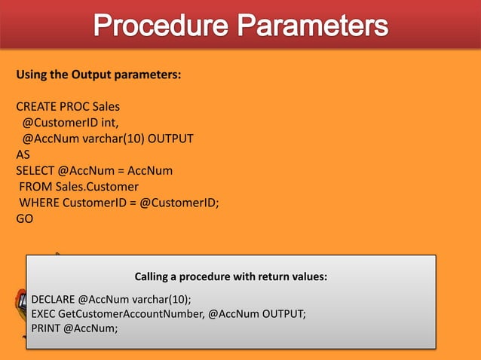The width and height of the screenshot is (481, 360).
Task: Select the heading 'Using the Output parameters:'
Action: [x=98, y=75]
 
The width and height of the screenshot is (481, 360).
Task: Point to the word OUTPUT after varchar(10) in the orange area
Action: [x=171, y=139]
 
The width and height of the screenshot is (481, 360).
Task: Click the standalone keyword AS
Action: [x=23, y=154]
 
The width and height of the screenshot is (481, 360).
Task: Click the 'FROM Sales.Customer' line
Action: [x=79, y=186]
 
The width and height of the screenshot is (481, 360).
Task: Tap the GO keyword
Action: [x=24, y=218]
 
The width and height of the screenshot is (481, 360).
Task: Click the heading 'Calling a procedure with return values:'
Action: [x=231, y=276]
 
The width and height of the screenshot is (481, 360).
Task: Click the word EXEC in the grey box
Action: [x=43, y=313]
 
